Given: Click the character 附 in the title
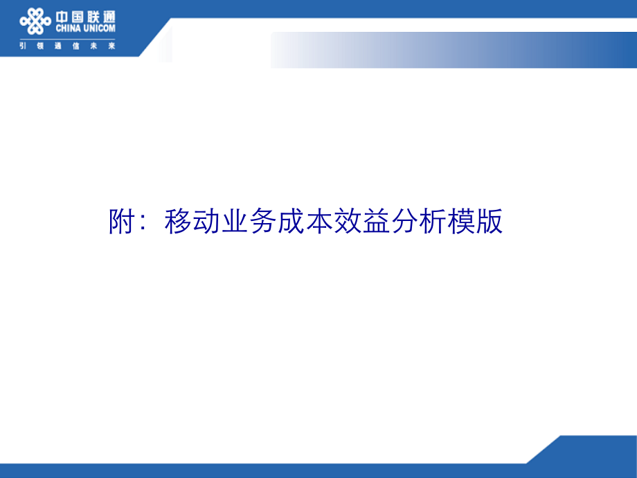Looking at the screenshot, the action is tap(121, 222).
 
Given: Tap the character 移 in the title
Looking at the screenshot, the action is tap(178, 222).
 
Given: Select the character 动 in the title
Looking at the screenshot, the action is tap(206, 222).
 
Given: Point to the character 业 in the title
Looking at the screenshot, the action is tap(235, 222).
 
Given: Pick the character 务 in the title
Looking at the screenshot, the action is tap(263, 222).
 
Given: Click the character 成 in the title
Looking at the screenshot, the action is tap(291, 222).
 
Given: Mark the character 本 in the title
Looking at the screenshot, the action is tap(320, 222).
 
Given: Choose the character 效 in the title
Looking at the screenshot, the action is tap(348, 222).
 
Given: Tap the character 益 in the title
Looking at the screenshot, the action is tap(377, 222).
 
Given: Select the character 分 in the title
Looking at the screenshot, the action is tap(405, 222).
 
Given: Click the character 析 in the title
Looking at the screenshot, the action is tap(433, 222).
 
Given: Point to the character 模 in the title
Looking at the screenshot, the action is tap(462, 222).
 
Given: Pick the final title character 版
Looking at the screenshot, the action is tap(490, 222).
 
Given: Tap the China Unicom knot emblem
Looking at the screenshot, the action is tap(35, 21).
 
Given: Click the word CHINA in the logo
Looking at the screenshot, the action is tap(69, 28).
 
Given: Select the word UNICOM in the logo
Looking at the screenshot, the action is tap(100, 28).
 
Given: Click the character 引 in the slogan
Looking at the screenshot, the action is tap(23, 46).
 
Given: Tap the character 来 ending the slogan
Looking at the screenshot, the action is tap(111, 46).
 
